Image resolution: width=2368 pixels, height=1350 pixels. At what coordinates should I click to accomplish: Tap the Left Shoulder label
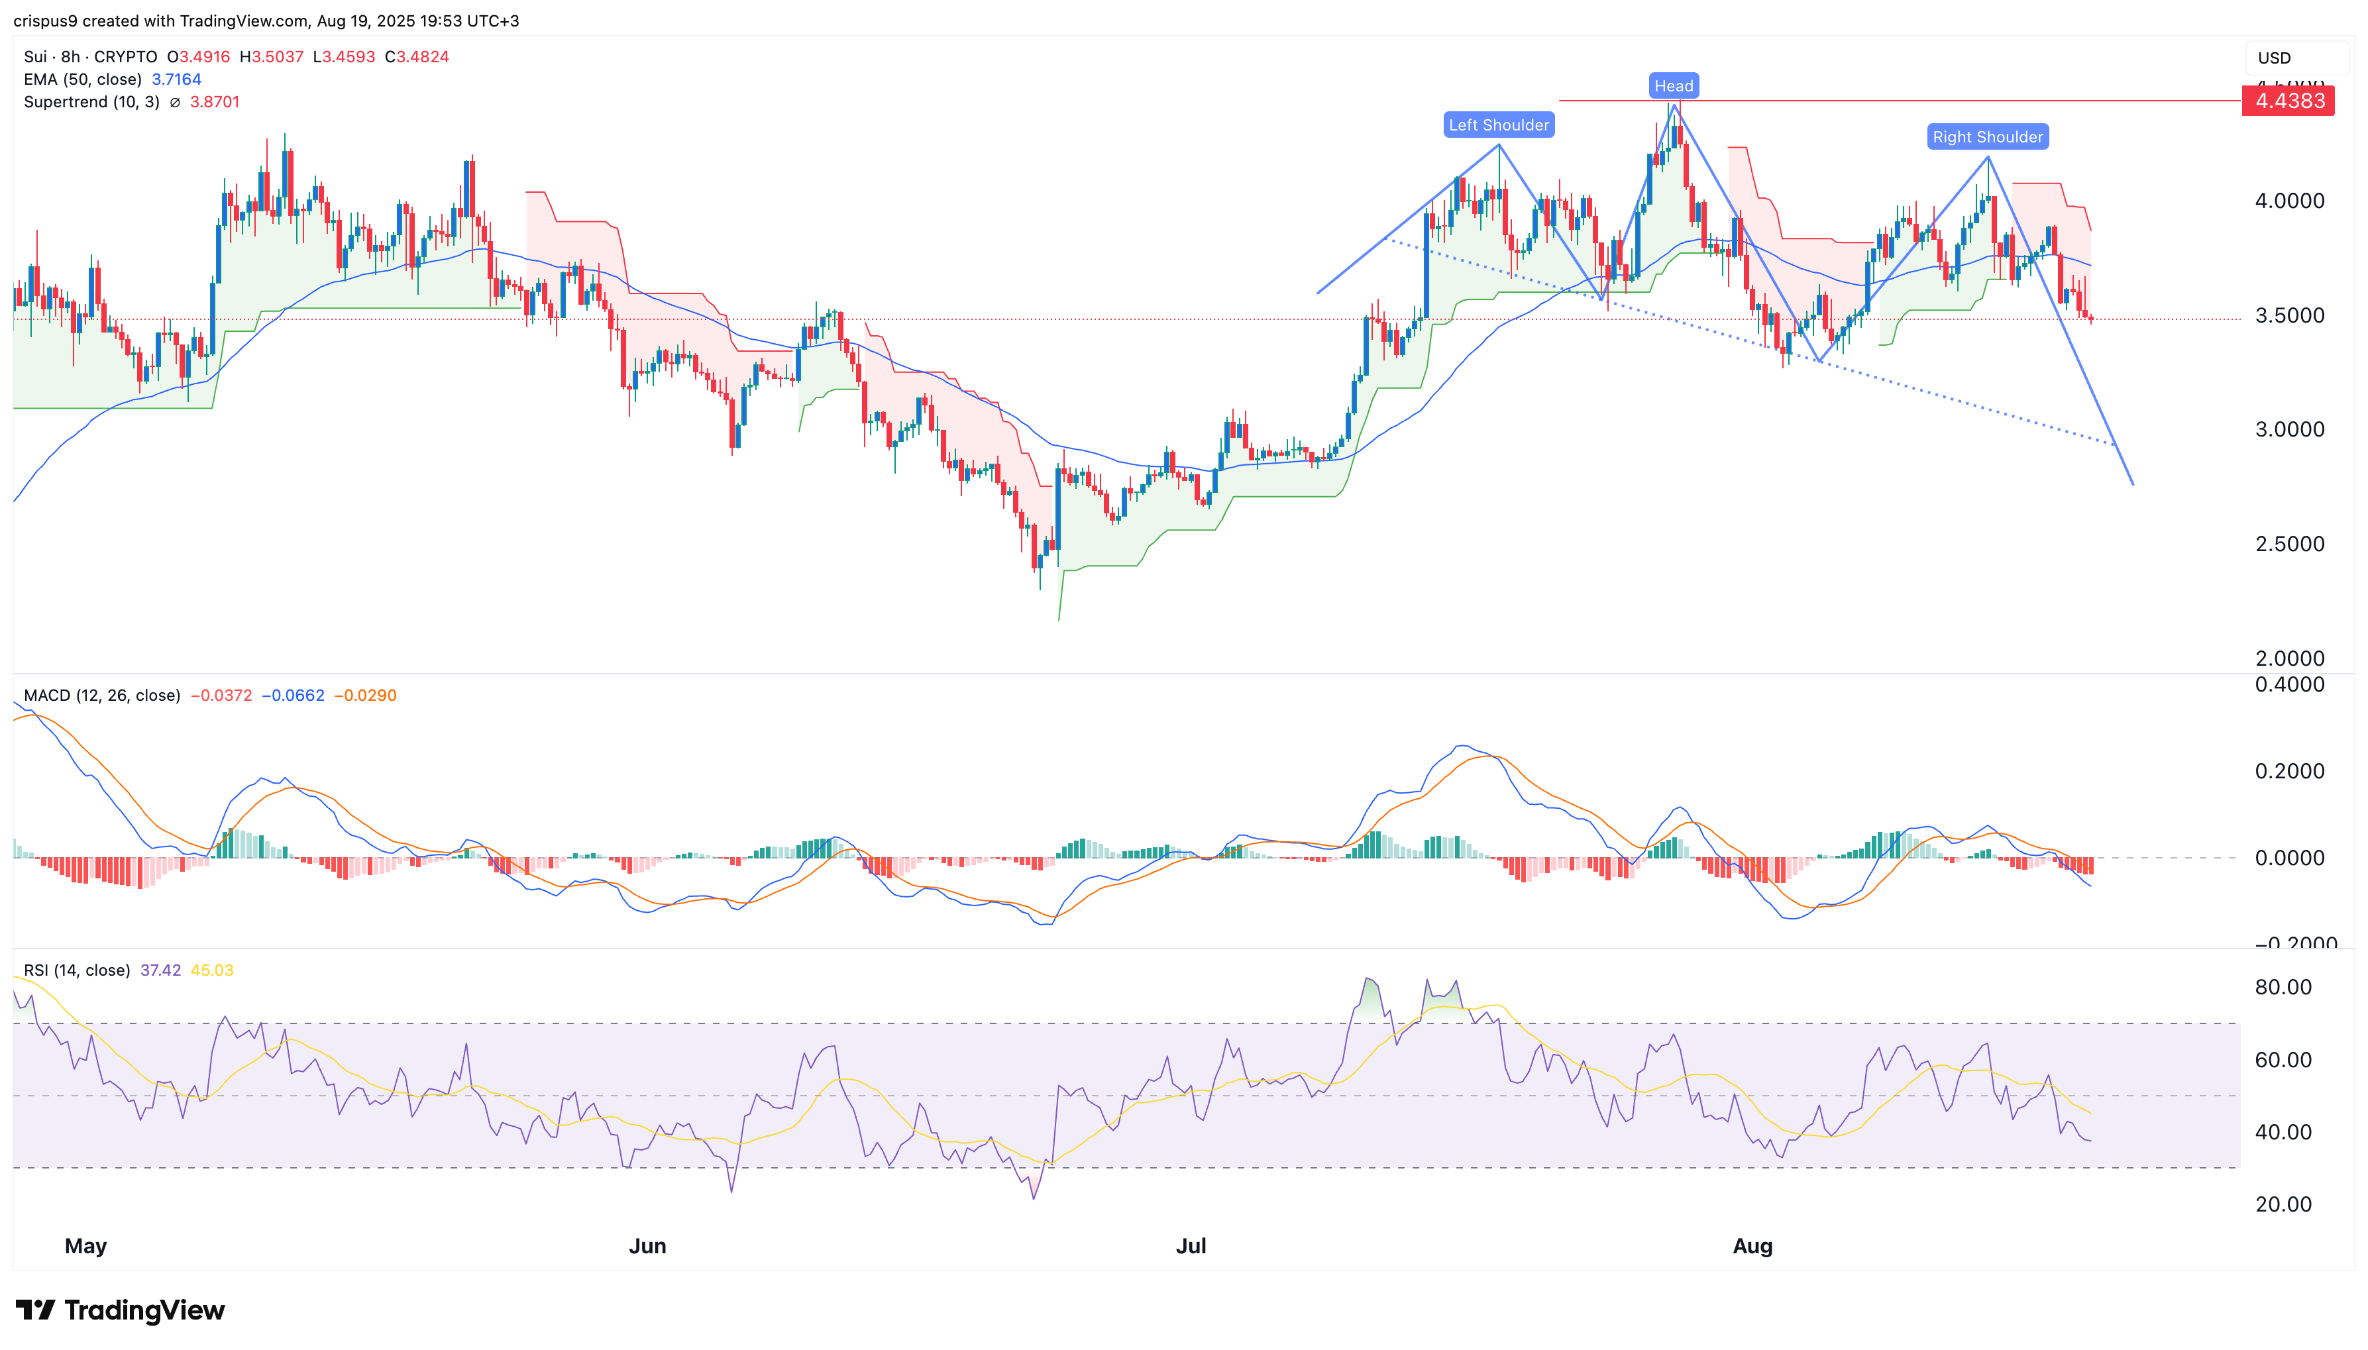1497,125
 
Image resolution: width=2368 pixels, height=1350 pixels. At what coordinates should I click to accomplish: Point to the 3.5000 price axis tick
2288,315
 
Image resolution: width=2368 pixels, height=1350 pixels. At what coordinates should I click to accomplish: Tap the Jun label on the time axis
647,1246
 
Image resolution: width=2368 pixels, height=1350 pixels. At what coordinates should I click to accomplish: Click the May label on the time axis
85,1246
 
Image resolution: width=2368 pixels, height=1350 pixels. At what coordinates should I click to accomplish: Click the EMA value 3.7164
176,79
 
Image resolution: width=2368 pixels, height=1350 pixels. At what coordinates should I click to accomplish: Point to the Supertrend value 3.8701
214,102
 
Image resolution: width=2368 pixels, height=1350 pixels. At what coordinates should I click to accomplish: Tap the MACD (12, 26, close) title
102,696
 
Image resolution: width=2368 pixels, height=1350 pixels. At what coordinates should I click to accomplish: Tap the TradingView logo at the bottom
121,1310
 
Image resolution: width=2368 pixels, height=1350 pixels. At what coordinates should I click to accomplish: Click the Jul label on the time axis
1191,1246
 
